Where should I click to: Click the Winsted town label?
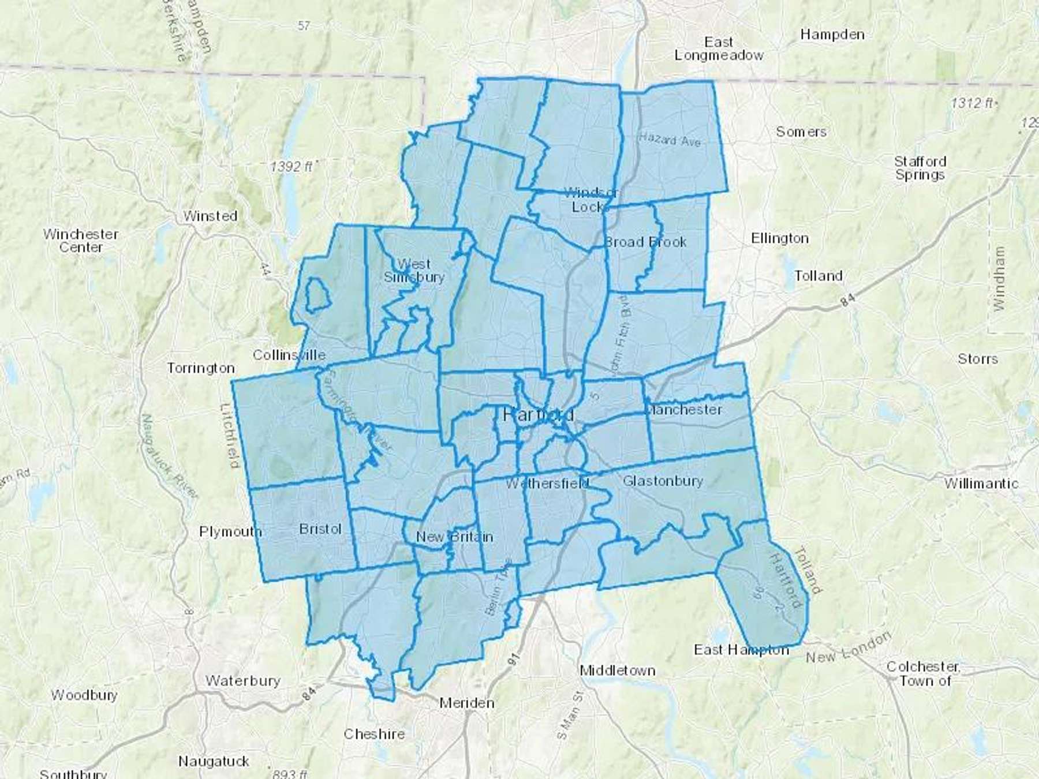[210, 216]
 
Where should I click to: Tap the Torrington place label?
[200, 368]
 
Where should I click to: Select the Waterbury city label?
[242, 681]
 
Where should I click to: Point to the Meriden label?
[466, 703]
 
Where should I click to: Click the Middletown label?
[617, 671]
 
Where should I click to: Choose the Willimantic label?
[981, 483]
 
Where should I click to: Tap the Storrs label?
[977, 358]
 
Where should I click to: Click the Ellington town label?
[779, 238]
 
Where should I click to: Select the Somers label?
[801, 132]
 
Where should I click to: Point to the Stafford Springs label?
[920, 168]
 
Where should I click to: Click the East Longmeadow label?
[719, 48]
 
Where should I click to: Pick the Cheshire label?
[374, 734]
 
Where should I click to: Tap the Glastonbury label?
[663, 481]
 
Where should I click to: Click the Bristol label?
[320, 529]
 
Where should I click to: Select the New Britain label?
[454, 537]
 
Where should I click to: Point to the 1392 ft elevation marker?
[291, 167]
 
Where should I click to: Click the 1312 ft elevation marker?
[972, 103]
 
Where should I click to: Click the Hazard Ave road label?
[670, 139]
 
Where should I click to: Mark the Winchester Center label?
[81, 241]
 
